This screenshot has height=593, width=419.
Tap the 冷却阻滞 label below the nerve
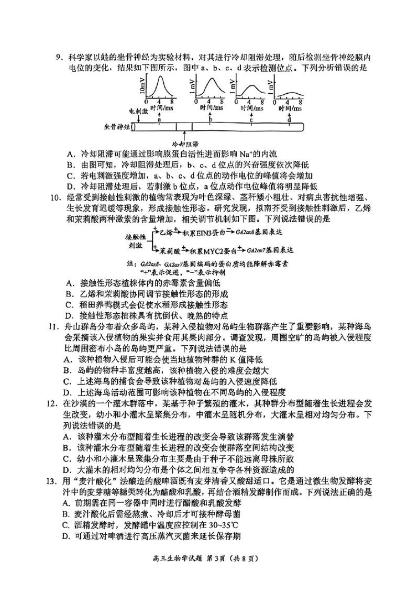tap(184, 144)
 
